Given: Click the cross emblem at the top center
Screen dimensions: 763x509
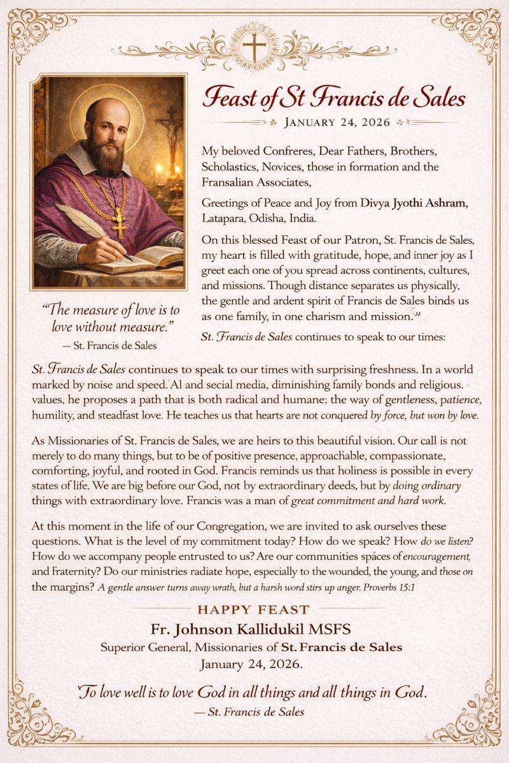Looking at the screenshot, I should [254, 46].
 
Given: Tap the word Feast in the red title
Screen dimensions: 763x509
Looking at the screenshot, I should [230, 98].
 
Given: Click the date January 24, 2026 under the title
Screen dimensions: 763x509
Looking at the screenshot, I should [338, 122].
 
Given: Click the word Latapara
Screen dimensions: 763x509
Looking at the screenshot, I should [226, 219].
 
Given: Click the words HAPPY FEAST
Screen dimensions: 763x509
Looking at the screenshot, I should [253, 610].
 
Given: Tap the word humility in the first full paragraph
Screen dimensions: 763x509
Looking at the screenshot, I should [54, 415].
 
